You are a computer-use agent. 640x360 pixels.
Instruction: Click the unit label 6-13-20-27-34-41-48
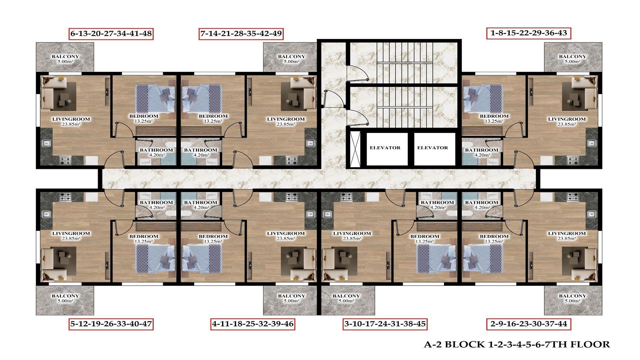pos(111,34)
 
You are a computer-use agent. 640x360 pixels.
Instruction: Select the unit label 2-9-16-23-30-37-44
pos(529,324)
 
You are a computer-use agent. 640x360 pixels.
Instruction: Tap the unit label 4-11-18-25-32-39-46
pos(253,324)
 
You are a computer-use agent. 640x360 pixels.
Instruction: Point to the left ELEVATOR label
pos(385,148)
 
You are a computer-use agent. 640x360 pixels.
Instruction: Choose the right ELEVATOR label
pos(433,148)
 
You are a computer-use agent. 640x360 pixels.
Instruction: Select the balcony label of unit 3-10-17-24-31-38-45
pos(346,296)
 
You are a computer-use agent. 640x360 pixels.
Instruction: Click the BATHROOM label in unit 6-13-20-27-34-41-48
pos(156,150)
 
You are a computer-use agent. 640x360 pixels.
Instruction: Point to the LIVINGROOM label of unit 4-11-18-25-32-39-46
pos(286,233)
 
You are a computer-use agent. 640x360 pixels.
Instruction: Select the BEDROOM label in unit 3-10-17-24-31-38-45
pos(425,236)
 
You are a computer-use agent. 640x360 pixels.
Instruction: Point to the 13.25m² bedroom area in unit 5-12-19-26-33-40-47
pos(144,241)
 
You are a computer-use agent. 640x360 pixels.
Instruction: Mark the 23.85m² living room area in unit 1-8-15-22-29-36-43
pos(567,124)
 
